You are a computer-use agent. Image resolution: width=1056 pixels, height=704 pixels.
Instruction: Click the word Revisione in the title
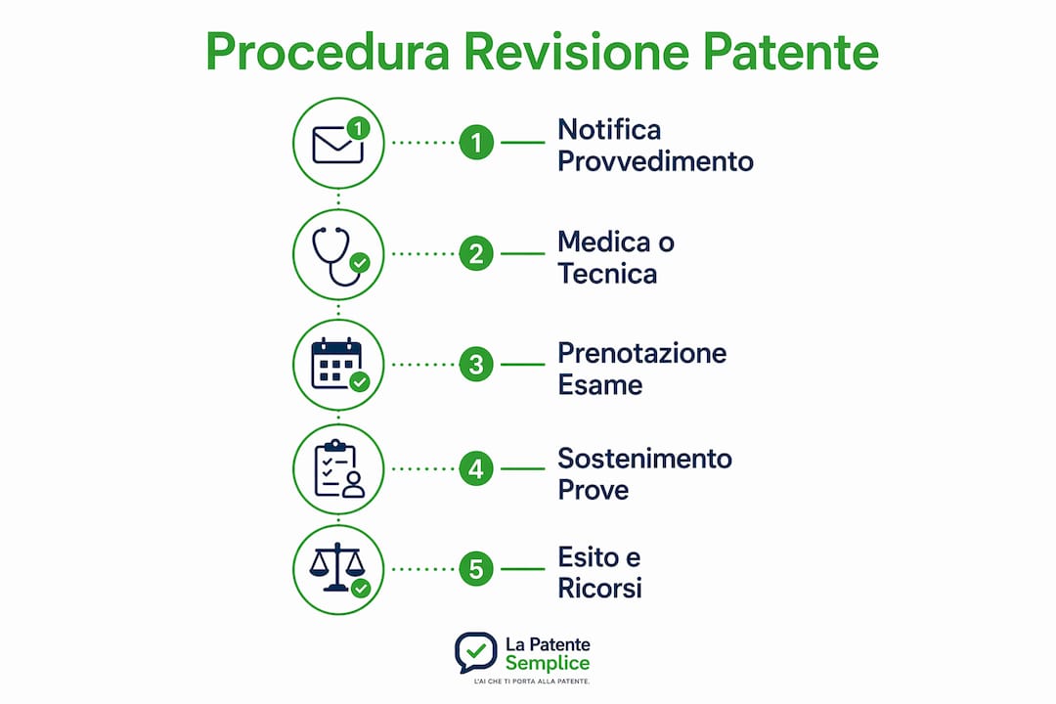tap(577, 51)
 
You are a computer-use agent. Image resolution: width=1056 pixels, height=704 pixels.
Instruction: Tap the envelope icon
tap(337, 145)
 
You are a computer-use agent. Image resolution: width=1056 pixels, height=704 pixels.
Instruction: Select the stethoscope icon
tap(338, 255)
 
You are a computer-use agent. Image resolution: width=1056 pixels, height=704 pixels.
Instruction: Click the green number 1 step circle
tap(476, 143)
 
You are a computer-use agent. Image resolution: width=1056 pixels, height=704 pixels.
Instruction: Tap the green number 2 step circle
tap(476, 254)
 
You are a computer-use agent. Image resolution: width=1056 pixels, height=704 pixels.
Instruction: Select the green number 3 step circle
tap(476, 365)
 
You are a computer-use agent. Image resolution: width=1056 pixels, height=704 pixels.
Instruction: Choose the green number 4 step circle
tap(476, 469)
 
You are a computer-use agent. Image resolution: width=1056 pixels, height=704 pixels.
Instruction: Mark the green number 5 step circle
tap(476, 569)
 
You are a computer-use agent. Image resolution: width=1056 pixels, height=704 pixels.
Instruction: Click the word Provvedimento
tap(655, 161)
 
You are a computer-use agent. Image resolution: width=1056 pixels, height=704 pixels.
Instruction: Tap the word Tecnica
tap(607, 274)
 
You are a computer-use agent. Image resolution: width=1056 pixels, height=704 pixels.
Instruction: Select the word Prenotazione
tap(642, 353)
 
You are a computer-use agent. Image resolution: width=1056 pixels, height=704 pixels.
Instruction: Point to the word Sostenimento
tap(645, 459)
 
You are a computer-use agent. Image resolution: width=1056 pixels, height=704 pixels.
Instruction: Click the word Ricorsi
tap(600, 588)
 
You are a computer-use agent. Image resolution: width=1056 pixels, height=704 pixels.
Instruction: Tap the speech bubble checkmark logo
tap(475, 652)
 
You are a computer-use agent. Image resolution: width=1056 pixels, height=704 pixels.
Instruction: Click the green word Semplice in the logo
tap(548, 664)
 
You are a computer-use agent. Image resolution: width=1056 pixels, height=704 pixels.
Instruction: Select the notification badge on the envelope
tap(358, 128)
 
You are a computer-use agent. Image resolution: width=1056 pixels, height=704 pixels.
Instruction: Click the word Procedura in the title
tap(328, 51)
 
